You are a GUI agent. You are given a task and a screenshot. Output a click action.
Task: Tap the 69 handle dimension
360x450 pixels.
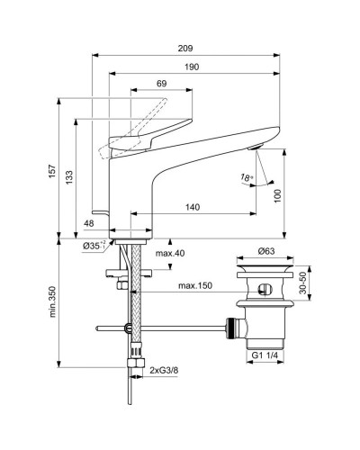pyautogui.click(x=162, y=84)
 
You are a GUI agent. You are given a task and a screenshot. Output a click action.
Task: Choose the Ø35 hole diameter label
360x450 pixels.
pyautogui.click(x=95, y=246)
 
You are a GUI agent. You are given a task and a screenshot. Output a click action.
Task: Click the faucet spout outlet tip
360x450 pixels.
pyautogui.click(x=256, y=152)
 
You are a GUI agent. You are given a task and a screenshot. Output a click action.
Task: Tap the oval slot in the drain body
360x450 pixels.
pyautogui.click(x=265, y=289)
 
